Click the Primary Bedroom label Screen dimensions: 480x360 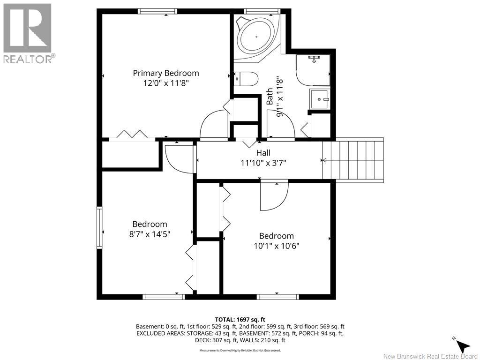pos(166,73)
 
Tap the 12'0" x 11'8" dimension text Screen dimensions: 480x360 pos(166,83)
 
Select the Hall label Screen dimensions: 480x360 pos(263,152)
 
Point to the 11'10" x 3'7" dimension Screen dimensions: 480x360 pos(263,163)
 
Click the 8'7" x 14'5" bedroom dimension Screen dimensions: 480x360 pos(150,234)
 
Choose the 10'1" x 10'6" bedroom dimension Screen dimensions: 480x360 pos(277,246)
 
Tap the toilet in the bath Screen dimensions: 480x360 pos(246,79)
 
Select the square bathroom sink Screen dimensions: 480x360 pos(320,99)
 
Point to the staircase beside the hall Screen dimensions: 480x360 pos(352,160)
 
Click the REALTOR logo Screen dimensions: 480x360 pos(28,33)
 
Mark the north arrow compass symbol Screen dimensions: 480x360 pos(463,344)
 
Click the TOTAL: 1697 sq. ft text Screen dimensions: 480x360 pos(240,320)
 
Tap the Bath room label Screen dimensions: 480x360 pos(270,97)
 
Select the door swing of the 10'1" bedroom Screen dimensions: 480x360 pos(274,197)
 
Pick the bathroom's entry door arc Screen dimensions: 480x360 pos(281,124)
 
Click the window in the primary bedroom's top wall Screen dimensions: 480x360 pos(157,11)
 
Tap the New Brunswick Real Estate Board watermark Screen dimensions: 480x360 pos(430,356)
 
